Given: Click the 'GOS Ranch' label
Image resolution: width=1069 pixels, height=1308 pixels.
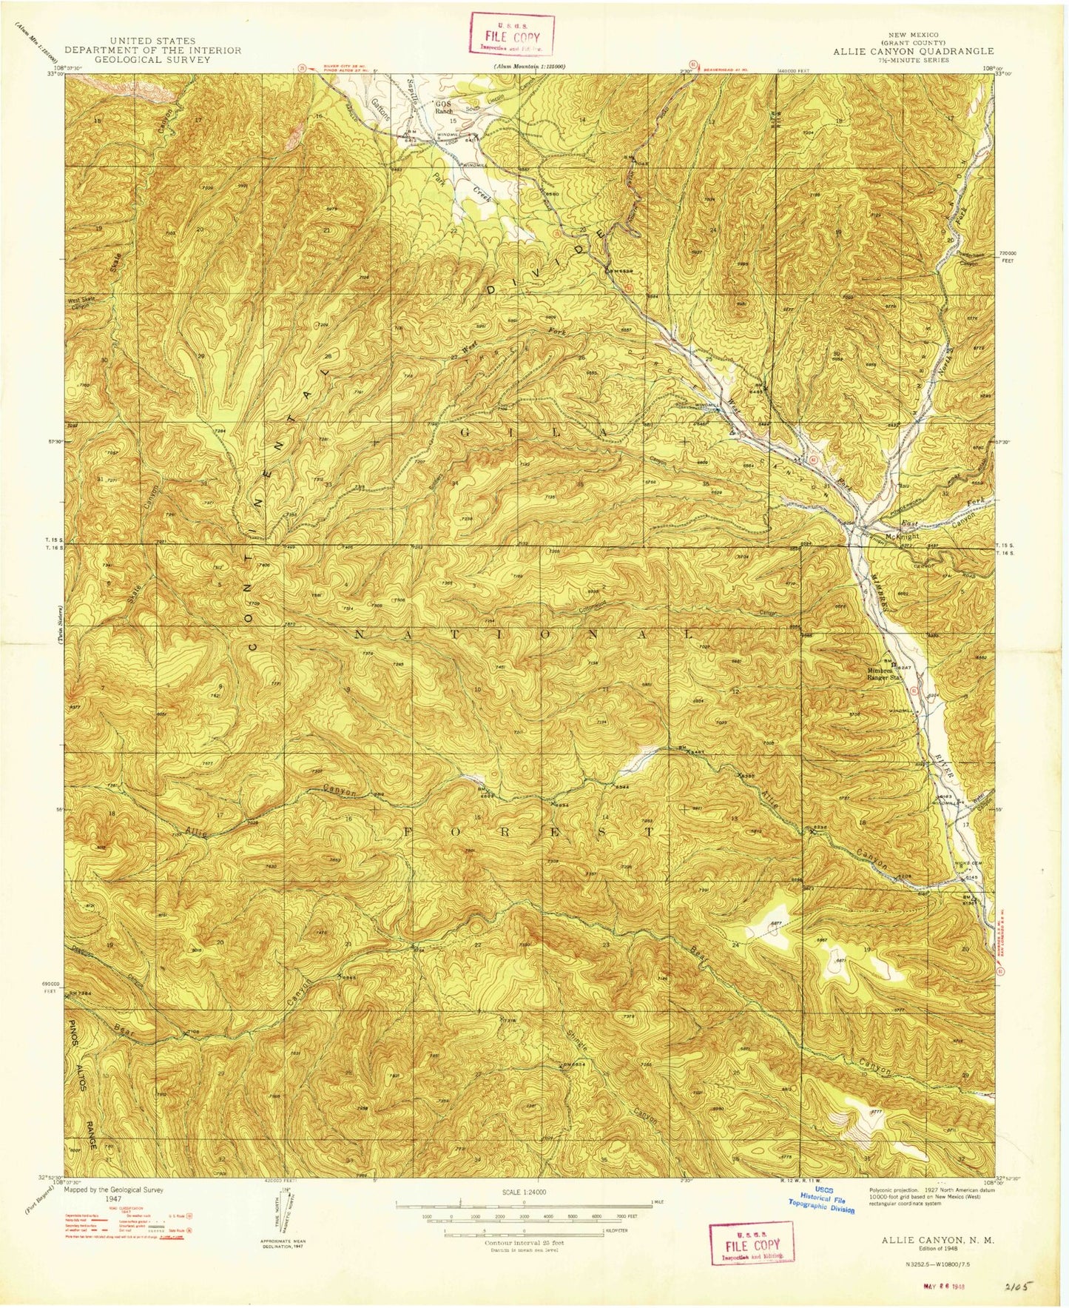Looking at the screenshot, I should [444, 108].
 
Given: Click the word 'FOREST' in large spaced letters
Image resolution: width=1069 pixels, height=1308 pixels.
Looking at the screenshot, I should [529, 832].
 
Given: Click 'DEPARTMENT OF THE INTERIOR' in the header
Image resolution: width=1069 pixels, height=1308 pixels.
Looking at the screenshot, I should [152, 50].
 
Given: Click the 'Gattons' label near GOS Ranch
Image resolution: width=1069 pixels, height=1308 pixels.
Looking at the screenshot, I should [384, 112].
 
